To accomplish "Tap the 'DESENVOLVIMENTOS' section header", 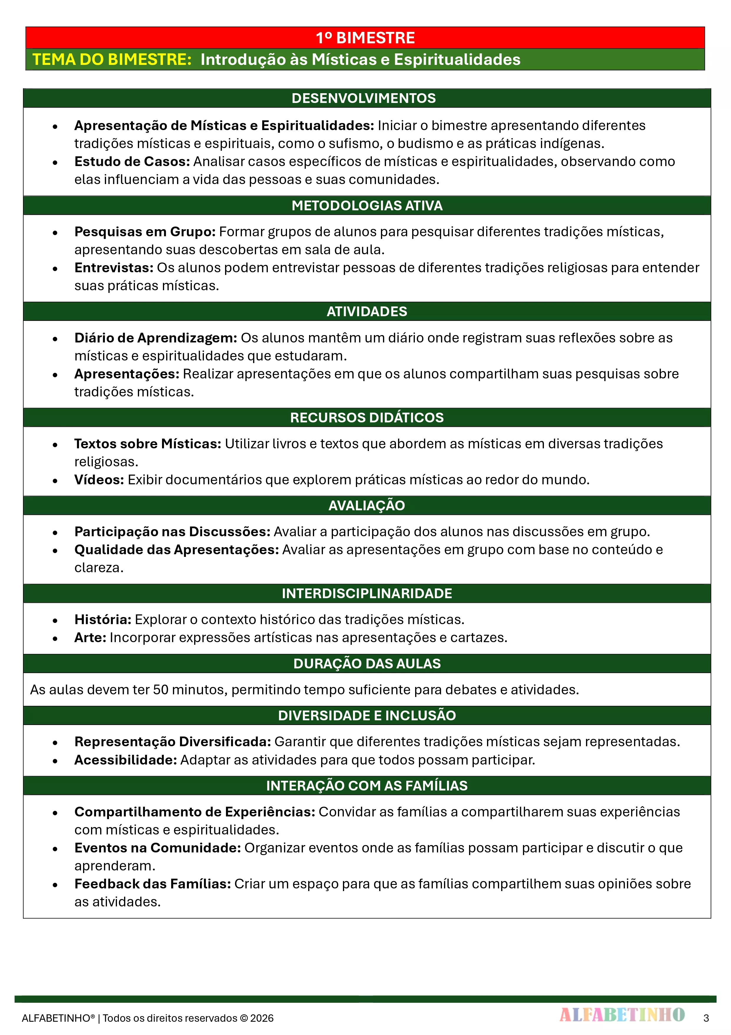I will [364, 98].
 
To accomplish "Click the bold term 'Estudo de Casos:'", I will [132, 161].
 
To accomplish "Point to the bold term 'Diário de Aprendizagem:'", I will [155, 338].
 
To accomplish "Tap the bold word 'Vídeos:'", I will [99, 480].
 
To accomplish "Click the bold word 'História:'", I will [103, 619].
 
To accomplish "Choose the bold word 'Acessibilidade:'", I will [126, 760].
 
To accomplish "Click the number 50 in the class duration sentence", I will [160, 690].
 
